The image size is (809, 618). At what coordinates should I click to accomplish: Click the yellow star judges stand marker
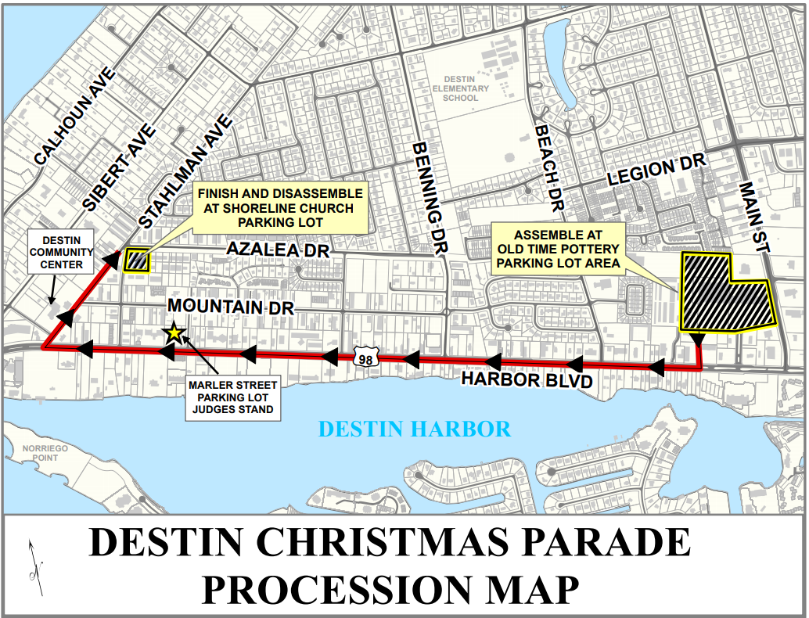tap(174, 333)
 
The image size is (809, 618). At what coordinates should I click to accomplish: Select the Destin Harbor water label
tap(415, 429)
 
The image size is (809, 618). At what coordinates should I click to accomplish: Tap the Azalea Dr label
tap(277, 250)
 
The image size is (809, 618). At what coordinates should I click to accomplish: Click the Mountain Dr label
tap(231, 307)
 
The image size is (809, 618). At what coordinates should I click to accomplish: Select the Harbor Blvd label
tap(525, 379)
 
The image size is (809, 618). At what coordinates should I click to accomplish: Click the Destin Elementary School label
tap(466, 88)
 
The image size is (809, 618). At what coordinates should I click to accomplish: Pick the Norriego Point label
tap(34, 453)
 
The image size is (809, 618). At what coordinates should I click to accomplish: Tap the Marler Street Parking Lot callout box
tap(233, 397)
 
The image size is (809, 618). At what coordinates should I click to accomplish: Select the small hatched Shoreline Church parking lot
tap(137, 260)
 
